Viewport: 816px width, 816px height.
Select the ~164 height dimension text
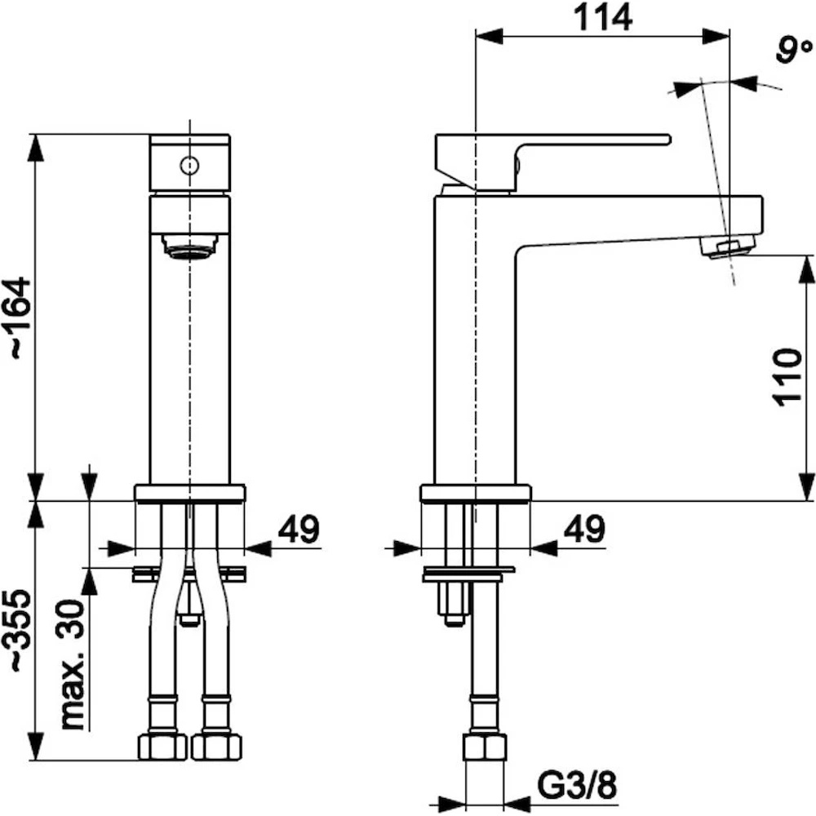tap(17, 318)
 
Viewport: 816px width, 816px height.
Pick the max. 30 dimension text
tap(73, 664)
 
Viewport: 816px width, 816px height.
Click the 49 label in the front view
tap(299, 530)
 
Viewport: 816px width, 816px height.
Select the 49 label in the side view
tap(583, 530)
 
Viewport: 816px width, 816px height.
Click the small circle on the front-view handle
tap(189, 166)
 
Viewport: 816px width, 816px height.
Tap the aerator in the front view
tap(188, 247)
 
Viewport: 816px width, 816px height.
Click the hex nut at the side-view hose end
tap(485, 747)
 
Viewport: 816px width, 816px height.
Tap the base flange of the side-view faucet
tap(475, 493)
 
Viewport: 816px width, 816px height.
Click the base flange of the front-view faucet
tap(189, 493)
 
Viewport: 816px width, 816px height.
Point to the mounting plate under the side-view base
tap(468, 574)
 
